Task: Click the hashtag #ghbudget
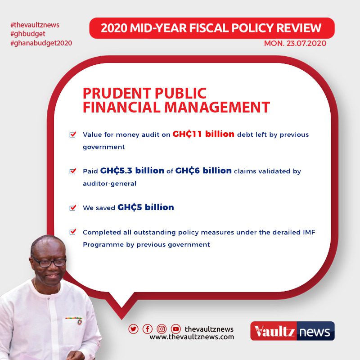coord(28,34)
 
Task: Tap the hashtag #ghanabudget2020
coord(41,43)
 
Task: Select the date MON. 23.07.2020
coord(295,43)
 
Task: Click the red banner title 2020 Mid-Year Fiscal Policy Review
coord(211,28)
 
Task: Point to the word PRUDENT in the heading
coord(117,93)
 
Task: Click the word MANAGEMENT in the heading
coord(217,107)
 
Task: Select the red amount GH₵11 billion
coord(203,134)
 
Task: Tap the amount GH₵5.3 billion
coord(132,171)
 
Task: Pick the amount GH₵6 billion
coord(203,171)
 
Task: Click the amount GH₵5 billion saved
coord(145,207)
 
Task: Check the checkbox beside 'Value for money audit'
coord(73,134)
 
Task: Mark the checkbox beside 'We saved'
coord(73,207)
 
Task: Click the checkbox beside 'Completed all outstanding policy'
coord(73,232)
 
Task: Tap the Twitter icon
coord(133,329)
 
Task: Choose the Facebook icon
coord(148,329)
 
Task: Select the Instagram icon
coord(162,329)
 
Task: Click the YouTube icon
coord(176,329)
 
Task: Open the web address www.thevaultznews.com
coord(192,337)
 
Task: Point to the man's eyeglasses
coord(49,262)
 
